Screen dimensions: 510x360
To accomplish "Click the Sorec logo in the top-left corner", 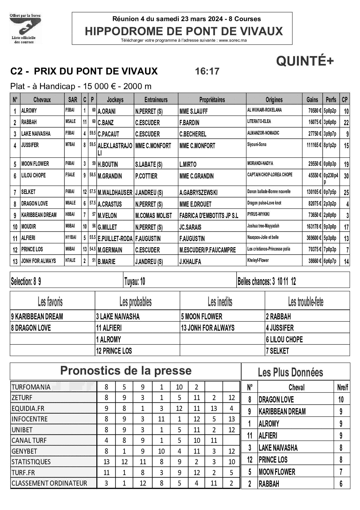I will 25,28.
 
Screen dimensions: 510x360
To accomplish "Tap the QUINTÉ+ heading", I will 305,61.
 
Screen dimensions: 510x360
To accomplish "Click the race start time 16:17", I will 207,71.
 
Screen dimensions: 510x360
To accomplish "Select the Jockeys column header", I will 115,100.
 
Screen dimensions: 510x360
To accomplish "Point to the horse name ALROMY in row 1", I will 29,111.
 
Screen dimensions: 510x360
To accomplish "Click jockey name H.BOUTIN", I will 107,164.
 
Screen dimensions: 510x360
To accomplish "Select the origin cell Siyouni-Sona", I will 257,145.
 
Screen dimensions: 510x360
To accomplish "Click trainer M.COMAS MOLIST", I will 153,216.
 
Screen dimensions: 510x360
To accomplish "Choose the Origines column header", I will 274,100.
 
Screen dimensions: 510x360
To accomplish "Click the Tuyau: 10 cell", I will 135,282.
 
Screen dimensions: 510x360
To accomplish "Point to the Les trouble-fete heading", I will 306,302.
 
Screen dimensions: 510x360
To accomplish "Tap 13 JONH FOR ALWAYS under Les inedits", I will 208,328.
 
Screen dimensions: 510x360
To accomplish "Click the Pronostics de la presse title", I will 126,371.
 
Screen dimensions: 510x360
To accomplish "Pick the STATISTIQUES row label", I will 31,462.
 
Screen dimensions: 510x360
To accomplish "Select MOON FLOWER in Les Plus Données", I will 277,472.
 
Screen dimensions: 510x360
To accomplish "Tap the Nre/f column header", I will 342,388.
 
